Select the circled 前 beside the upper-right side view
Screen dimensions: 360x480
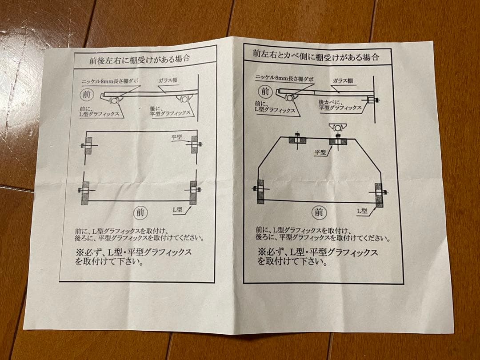(265, 92)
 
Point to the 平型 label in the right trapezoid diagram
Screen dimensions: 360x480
(320, 152)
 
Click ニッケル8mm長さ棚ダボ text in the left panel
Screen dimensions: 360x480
(110, 82)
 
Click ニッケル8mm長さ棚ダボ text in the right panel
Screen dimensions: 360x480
(284, 78)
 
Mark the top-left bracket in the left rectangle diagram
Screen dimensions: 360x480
(88, 145)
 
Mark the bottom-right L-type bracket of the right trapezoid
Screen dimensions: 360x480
(378, 195)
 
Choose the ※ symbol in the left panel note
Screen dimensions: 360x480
(80, 252)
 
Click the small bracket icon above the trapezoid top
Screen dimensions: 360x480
(336, 128)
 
